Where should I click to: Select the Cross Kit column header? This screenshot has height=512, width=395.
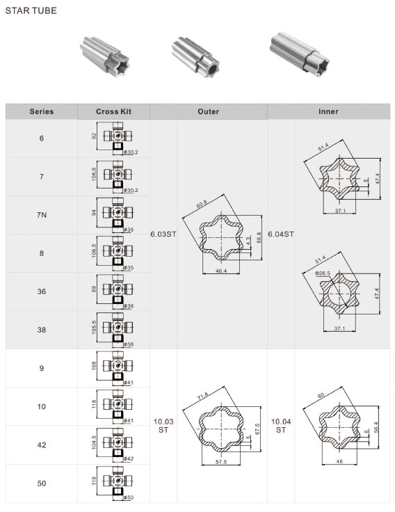click(113, 111)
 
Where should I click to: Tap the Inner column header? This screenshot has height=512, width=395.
click(328, 111)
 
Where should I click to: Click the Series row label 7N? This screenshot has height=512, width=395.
click(42, 215)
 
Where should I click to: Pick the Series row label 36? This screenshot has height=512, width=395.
click(42, 291)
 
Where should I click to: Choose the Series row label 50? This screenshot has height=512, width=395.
click(42, 483)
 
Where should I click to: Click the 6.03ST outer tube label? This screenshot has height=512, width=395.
click(163, 234)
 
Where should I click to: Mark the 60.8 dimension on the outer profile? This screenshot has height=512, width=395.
click(202, 204)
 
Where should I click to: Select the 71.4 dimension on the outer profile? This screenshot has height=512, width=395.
click(203, 397)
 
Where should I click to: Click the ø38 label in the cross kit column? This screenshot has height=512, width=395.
click(129, 344)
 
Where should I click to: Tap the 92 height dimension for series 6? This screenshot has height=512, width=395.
click(94, 136)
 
